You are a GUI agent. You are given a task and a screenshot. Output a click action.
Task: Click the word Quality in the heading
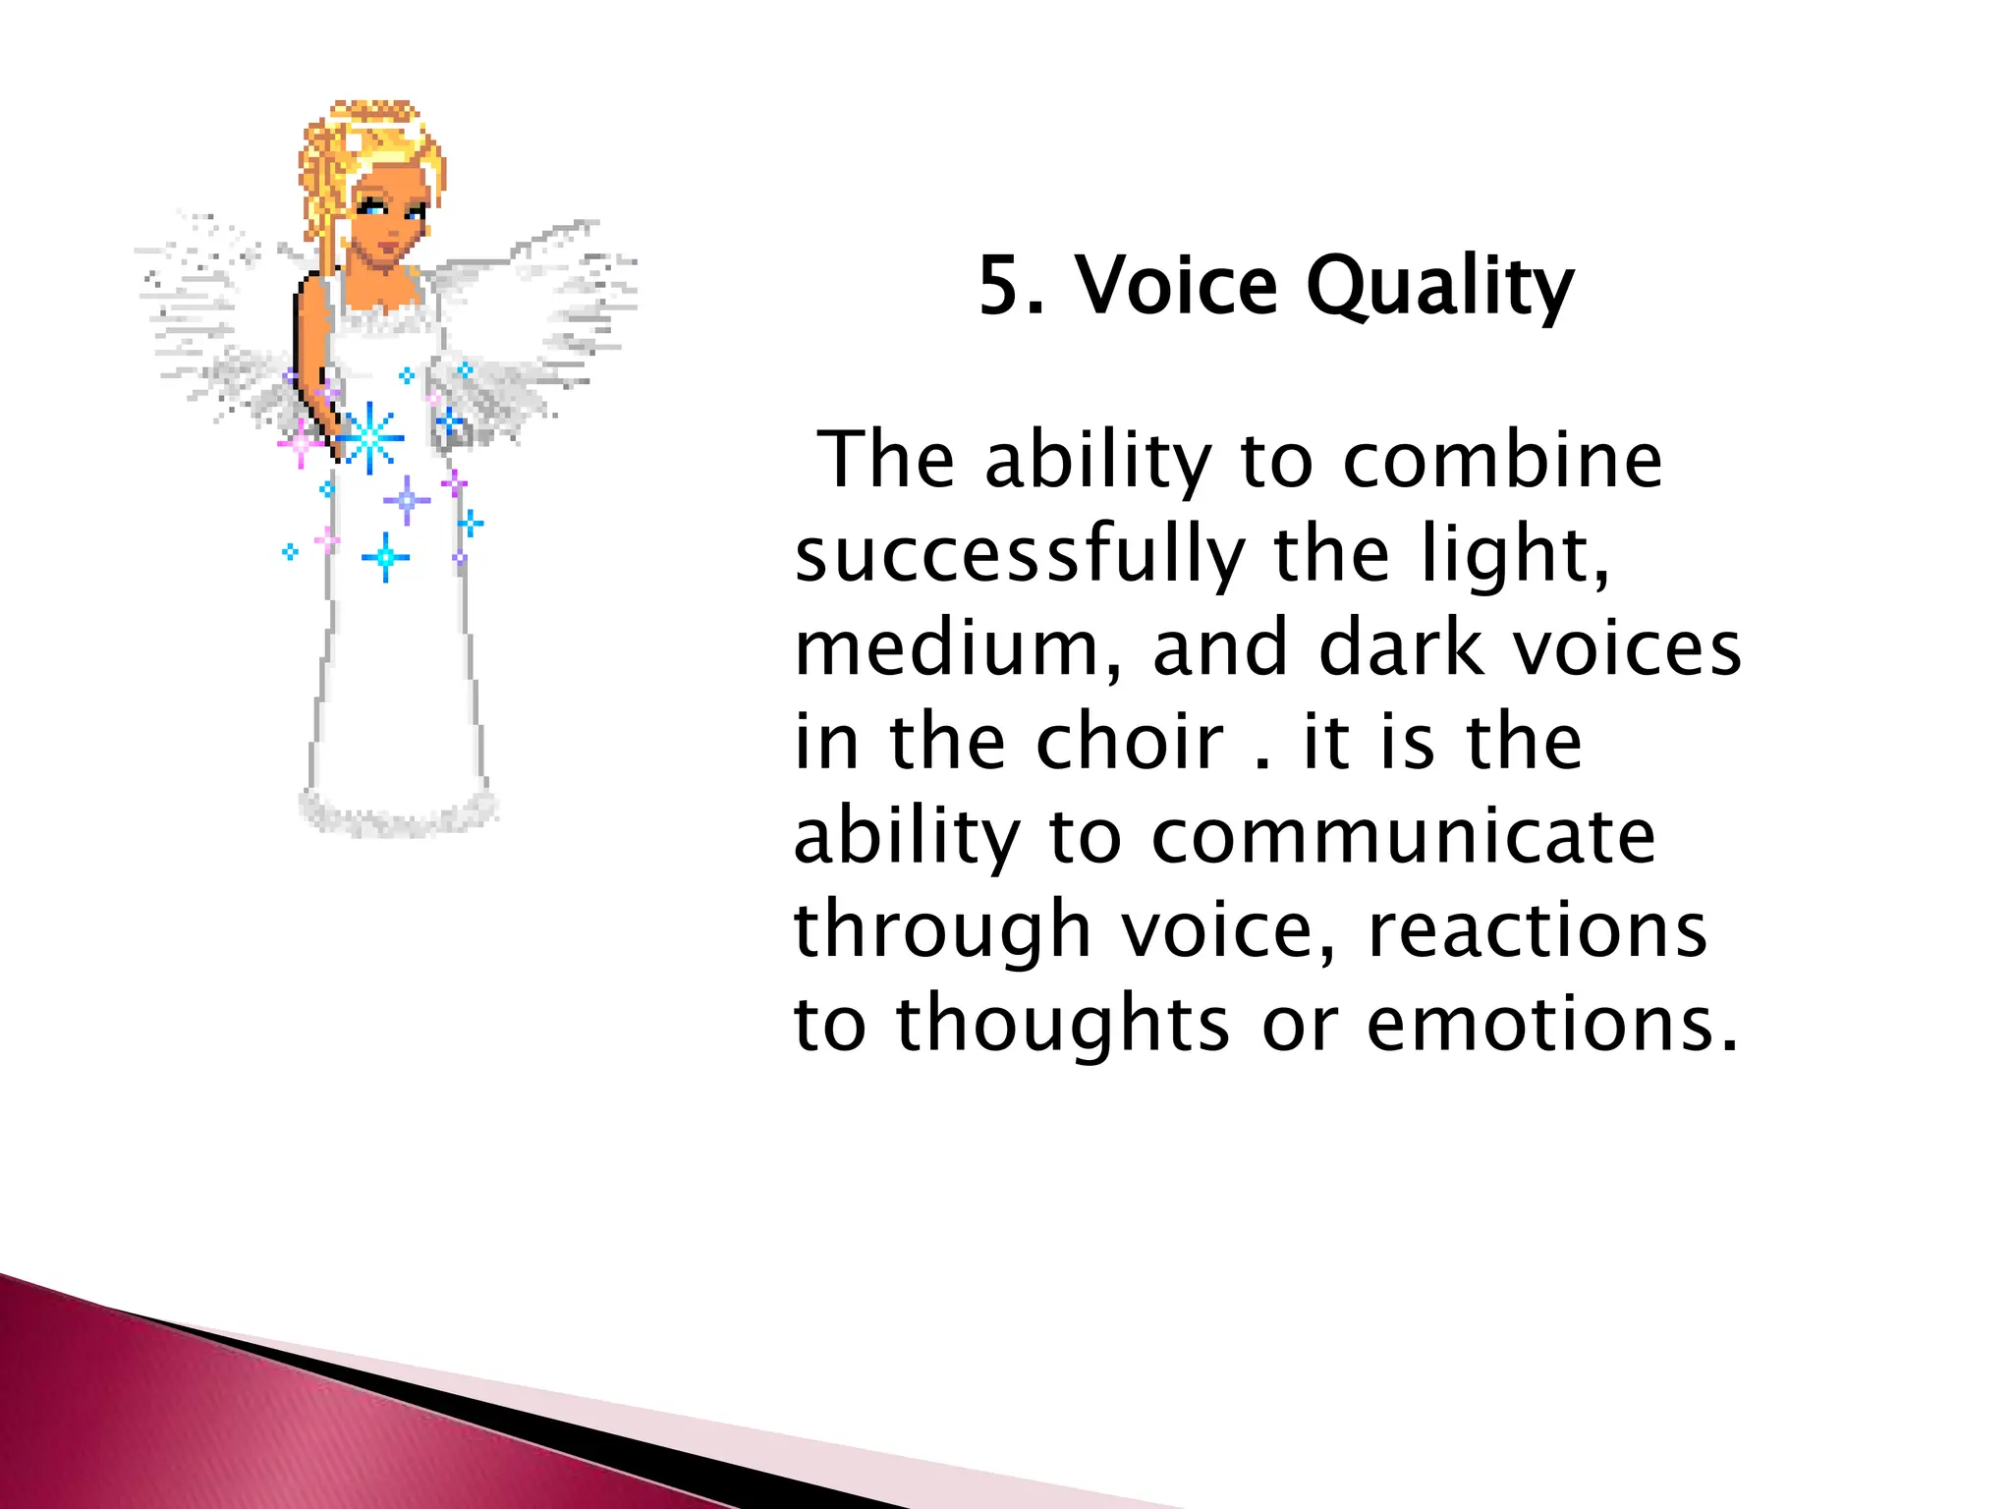(1439, 288)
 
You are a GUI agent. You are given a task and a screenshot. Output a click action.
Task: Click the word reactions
(1537, 929)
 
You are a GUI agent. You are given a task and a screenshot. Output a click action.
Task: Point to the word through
(942, 931)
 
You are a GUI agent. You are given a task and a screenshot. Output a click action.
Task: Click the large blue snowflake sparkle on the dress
(369, 436)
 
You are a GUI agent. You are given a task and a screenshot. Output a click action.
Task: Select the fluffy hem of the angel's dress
(398, 812)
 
